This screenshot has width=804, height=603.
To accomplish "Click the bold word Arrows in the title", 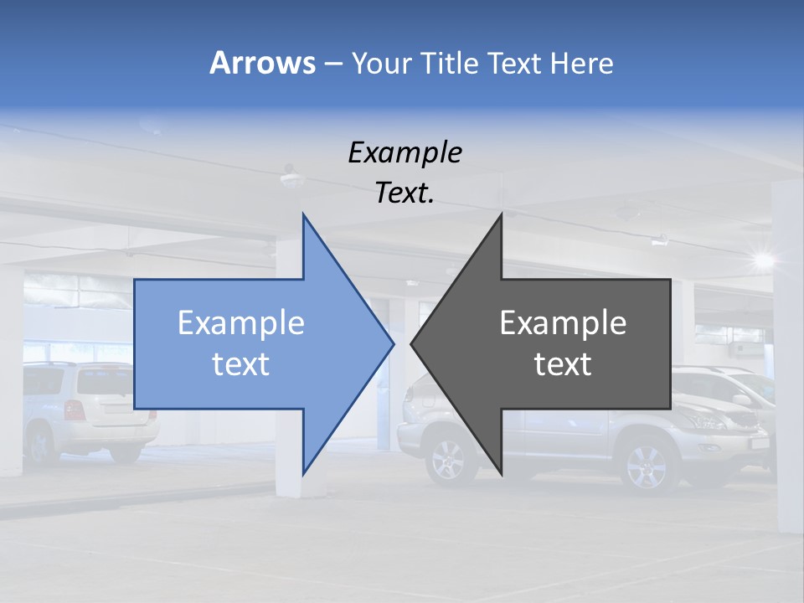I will point(262,63).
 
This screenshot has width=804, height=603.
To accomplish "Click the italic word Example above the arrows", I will point(405,153).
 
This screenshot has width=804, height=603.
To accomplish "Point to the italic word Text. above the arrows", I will point(405,193).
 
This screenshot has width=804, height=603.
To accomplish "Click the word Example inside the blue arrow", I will point(241,323).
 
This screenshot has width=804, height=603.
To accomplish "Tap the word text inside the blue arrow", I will point(240,364).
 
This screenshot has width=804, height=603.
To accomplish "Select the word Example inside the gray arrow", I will point(563,323).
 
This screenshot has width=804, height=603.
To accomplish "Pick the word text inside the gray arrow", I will point(563,364).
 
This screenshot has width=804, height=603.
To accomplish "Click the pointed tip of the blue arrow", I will point(392,342).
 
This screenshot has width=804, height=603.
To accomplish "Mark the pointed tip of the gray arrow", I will point(413,342).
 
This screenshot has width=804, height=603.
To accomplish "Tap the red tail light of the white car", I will point(74,410).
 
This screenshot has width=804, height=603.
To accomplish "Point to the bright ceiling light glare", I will point(762,260).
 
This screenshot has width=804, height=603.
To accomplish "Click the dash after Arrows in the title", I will point(332,64).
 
